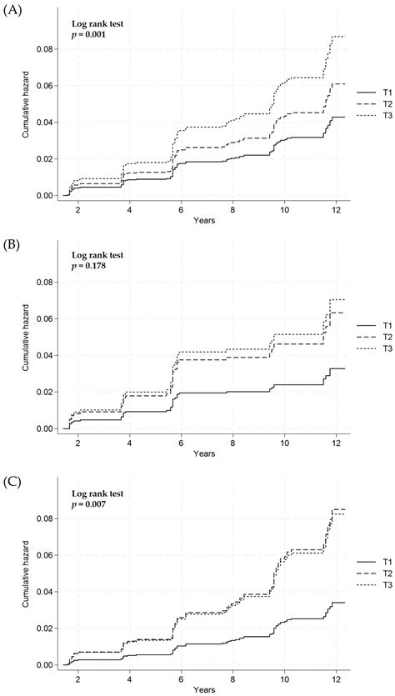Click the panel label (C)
(13, 480)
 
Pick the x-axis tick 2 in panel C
(77, 678)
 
